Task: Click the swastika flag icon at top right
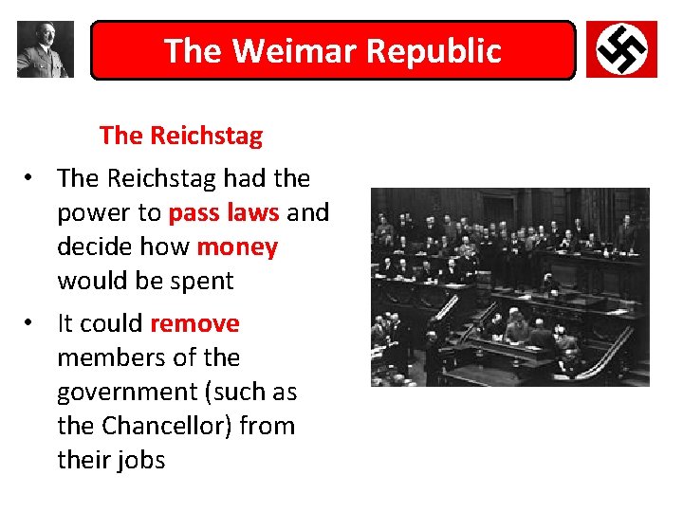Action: tap(621, 49)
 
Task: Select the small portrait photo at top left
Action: tap(45, 49)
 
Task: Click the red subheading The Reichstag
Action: tap(180, 136)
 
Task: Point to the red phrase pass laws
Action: tap(224, 212)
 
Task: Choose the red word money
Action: tap(237, 247)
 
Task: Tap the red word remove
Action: tap(194, 323)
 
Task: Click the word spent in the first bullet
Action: tap(200, 281)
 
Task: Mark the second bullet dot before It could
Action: tap(31, 324)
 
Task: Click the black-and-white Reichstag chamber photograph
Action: tap(509, 286)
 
